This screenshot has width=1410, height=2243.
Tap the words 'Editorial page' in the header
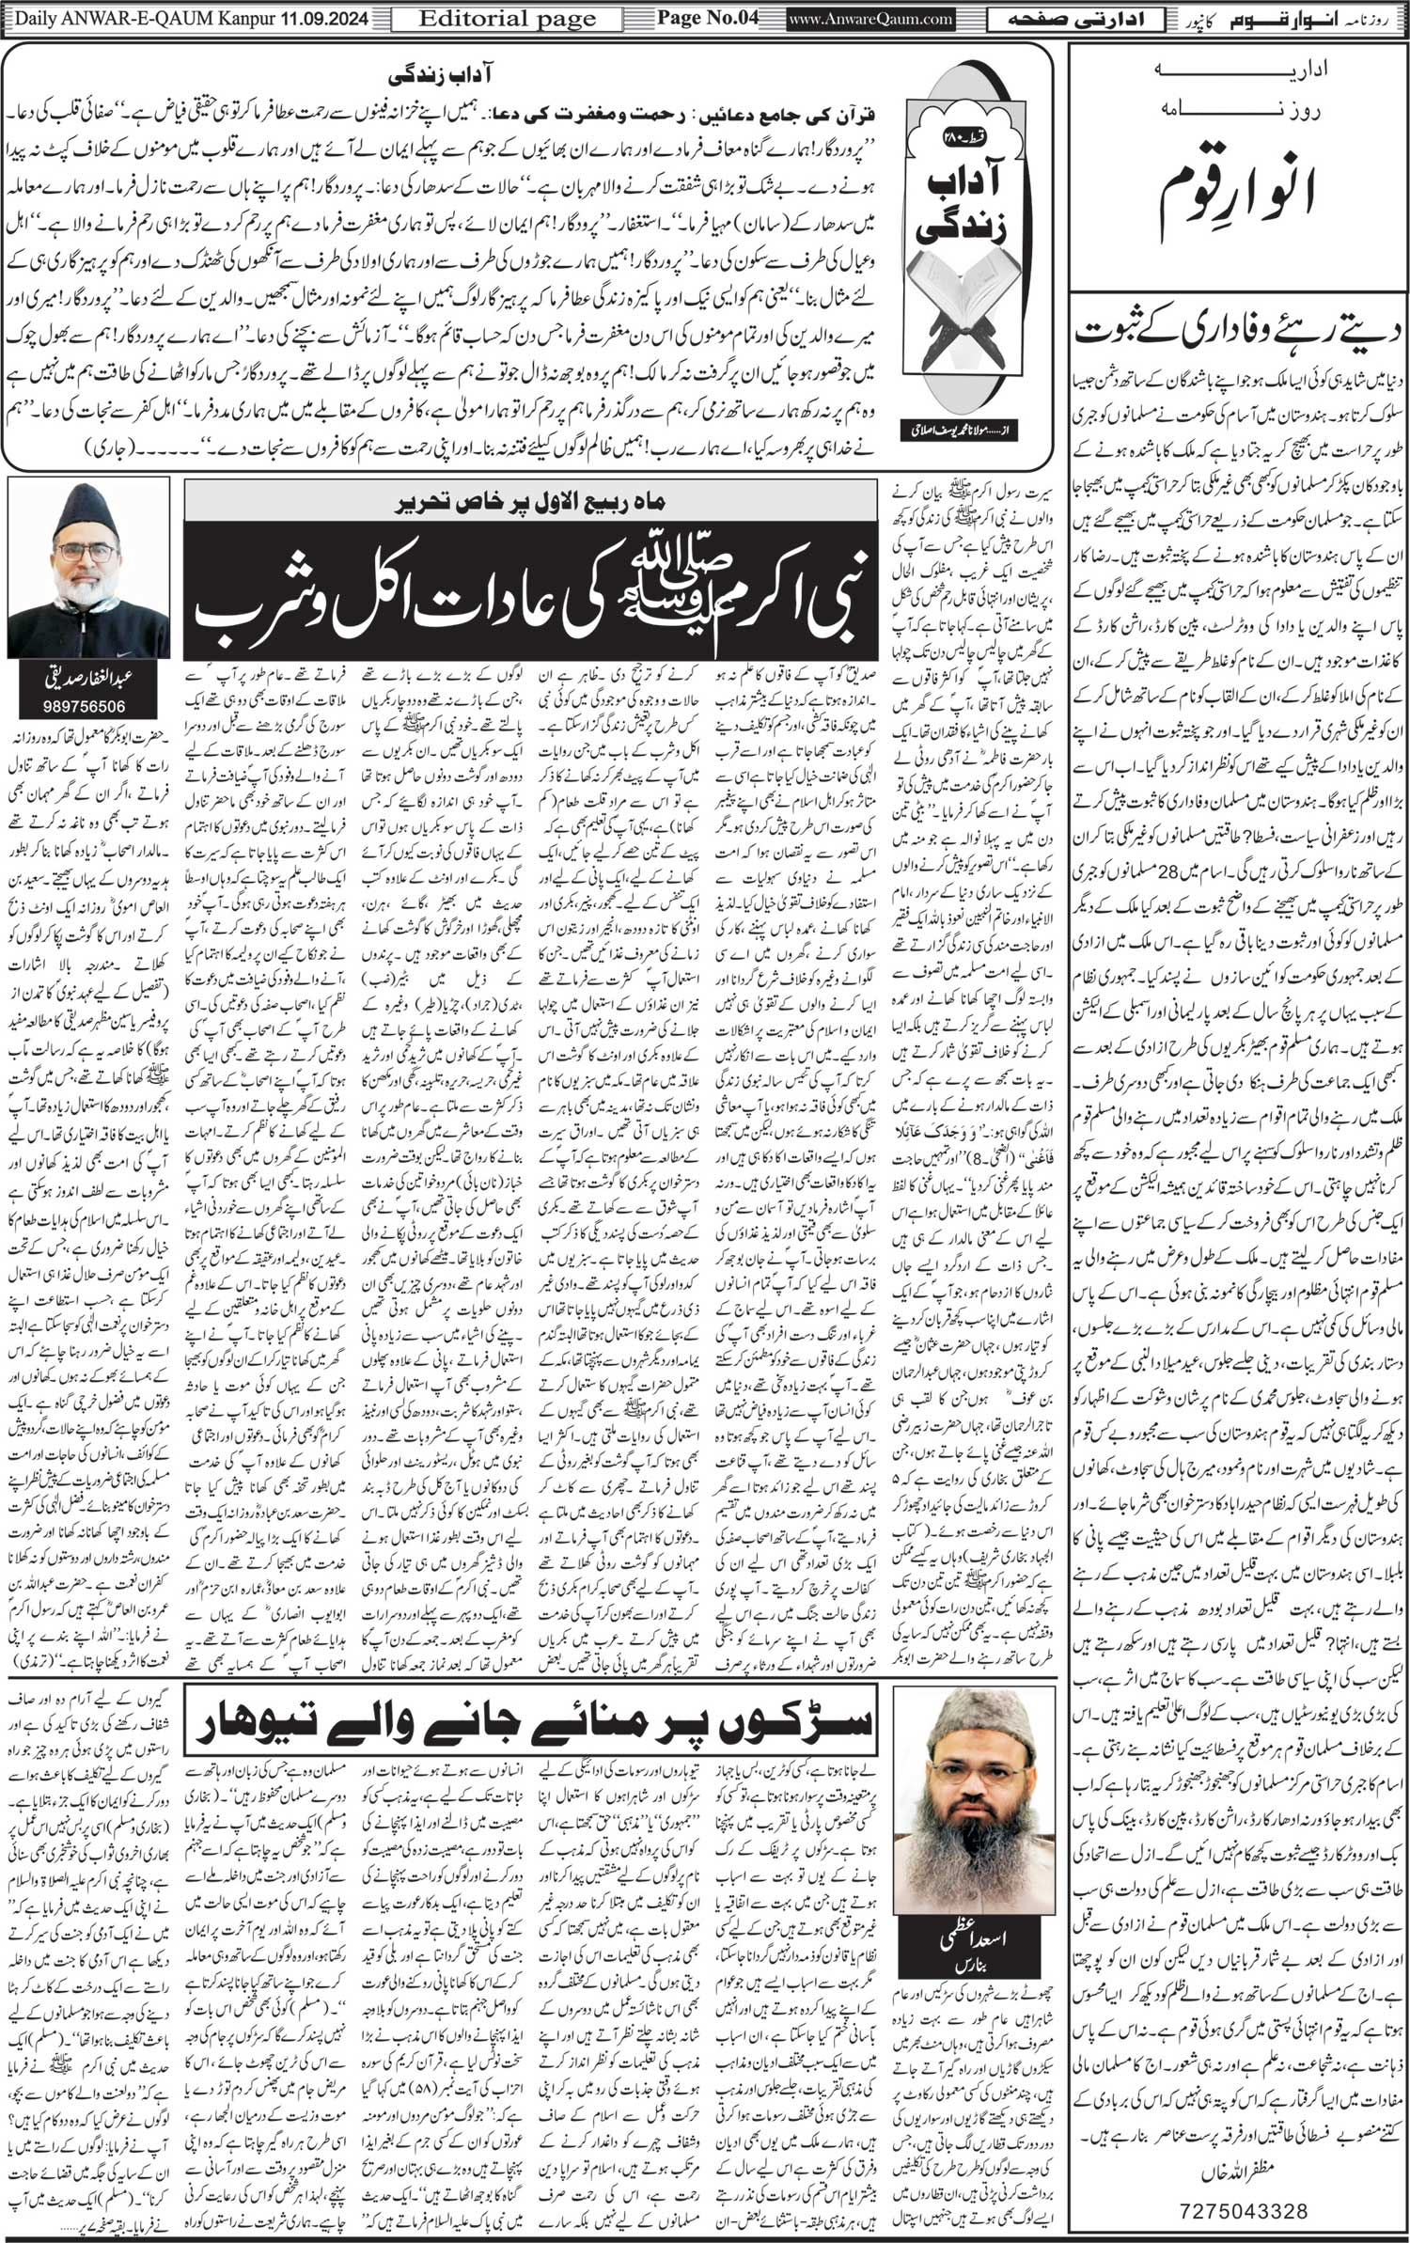point(507,18)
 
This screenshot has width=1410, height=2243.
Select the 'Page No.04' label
point(707,17)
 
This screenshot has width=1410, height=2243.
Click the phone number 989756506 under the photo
point(88,705)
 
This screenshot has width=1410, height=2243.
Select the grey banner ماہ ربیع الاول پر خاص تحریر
point(533,503)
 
